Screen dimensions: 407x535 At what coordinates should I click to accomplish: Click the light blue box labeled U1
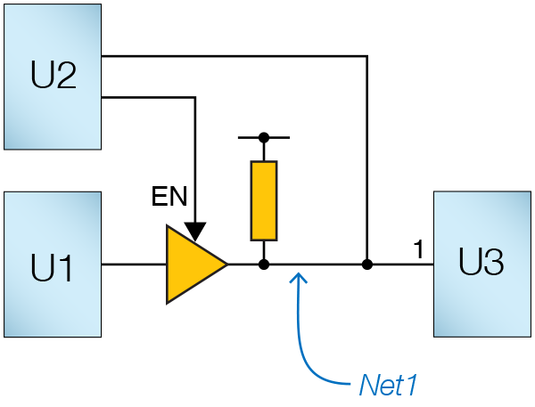52,265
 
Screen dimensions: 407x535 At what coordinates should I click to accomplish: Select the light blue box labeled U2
52,77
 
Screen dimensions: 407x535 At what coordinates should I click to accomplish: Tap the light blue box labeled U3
481,264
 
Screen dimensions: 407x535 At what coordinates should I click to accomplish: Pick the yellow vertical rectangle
264,200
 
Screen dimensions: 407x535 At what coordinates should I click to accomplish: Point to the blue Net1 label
388,386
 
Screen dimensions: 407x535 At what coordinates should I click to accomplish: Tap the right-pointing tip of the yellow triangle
226,265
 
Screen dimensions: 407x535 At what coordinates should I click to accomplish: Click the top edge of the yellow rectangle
264,163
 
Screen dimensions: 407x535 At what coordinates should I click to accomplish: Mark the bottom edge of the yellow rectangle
264,239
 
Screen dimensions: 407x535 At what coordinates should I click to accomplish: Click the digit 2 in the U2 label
65,77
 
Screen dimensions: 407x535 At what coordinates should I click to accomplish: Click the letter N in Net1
368,386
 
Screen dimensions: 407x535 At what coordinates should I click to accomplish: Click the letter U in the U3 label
470,264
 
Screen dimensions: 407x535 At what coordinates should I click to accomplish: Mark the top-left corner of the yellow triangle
168,228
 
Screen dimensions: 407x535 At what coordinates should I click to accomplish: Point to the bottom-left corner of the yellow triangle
168,302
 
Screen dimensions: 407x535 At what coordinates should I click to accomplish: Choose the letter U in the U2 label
41,77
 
